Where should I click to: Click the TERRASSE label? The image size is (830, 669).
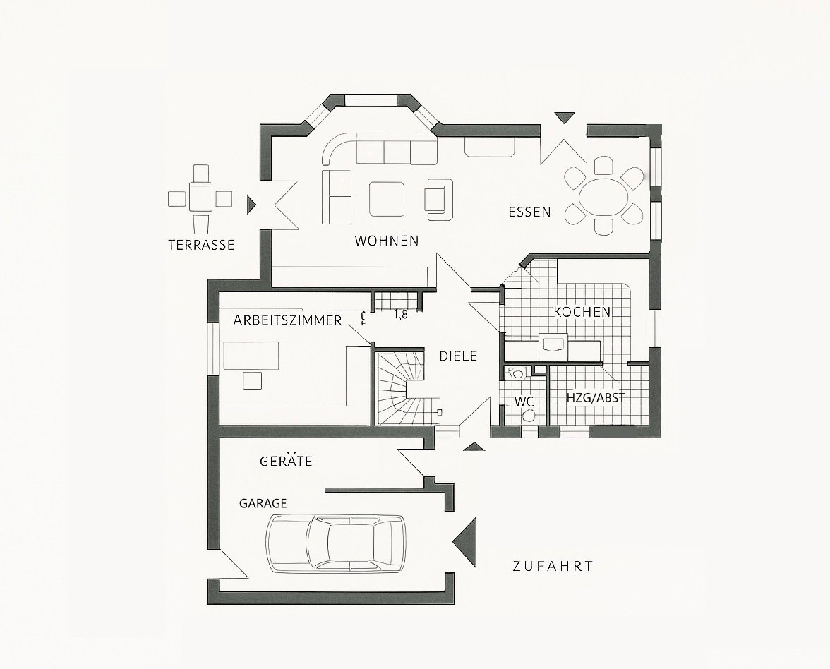(x=201, y=246)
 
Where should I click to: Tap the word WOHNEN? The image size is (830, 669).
(x=386, y=241)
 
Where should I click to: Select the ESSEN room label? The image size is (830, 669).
(x=529, y=212)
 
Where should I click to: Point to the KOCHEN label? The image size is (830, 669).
(x=582, y=311)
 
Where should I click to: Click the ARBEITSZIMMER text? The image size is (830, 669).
(x=287, y=320)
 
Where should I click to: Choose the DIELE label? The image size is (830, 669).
(x=458, y=356)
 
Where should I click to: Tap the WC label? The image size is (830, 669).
(x=523, y=401)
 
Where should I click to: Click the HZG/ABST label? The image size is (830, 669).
(x=596, y=398)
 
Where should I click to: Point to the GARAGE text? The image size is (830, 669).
(x=263, y=503)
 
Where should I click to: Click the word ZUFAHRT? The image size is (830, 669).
(x=553, y=566)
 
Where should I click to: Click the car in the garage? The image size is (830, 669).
(x=335, y=542)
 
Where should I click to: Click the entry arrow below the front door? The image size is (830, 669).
(x=472, y=446)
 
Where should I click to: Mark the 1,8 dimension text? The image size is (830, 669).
(x=401, y=315)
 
